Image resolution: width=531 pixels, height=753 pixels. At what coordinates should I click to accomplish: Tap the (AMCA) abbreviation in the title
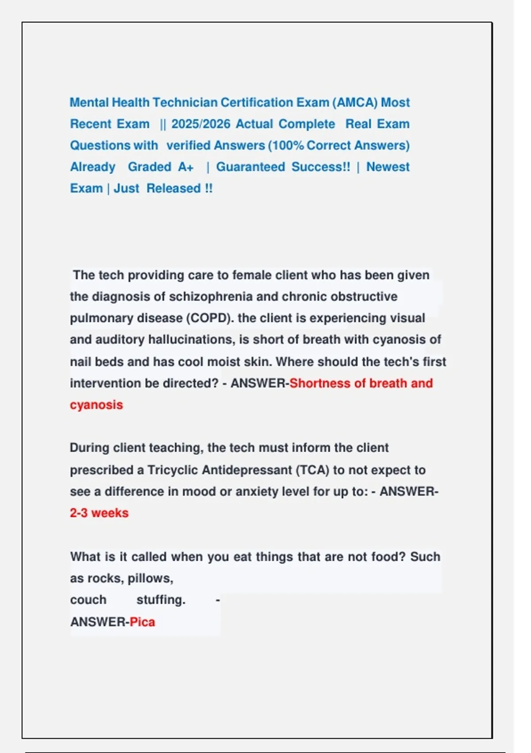[x=354, y=102]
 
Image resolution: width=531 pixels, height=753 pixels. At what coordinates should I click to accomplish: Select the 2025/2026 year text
[x=200, y=124]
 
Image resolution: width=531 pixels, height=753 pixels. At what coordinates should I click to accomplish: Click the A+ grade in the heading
[x=186, y=167]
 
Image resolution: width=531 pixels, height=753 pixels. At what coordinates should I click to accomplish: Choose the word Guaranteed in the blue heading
[x=250, y=167]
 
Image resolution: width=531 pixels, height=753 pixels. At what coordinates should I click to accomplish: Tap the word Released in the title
[x=173, y=188]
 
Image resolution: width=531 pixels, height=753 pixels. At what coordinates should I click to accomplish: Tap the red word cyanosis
[x=96, y=405]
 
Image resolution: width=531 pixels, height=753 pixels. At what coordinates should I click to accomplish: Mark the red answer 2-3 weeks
[x=99, y=513]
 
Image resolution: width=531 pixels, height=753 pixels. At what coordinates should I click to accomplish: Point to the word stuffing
[x=161, y=600]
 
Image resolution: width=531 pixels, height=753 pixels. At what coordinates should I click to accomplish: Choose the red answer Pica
[x=142, y=622]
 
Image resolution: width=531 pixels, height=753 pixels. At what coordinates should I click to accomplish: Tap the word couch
[x=88, y=600]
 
